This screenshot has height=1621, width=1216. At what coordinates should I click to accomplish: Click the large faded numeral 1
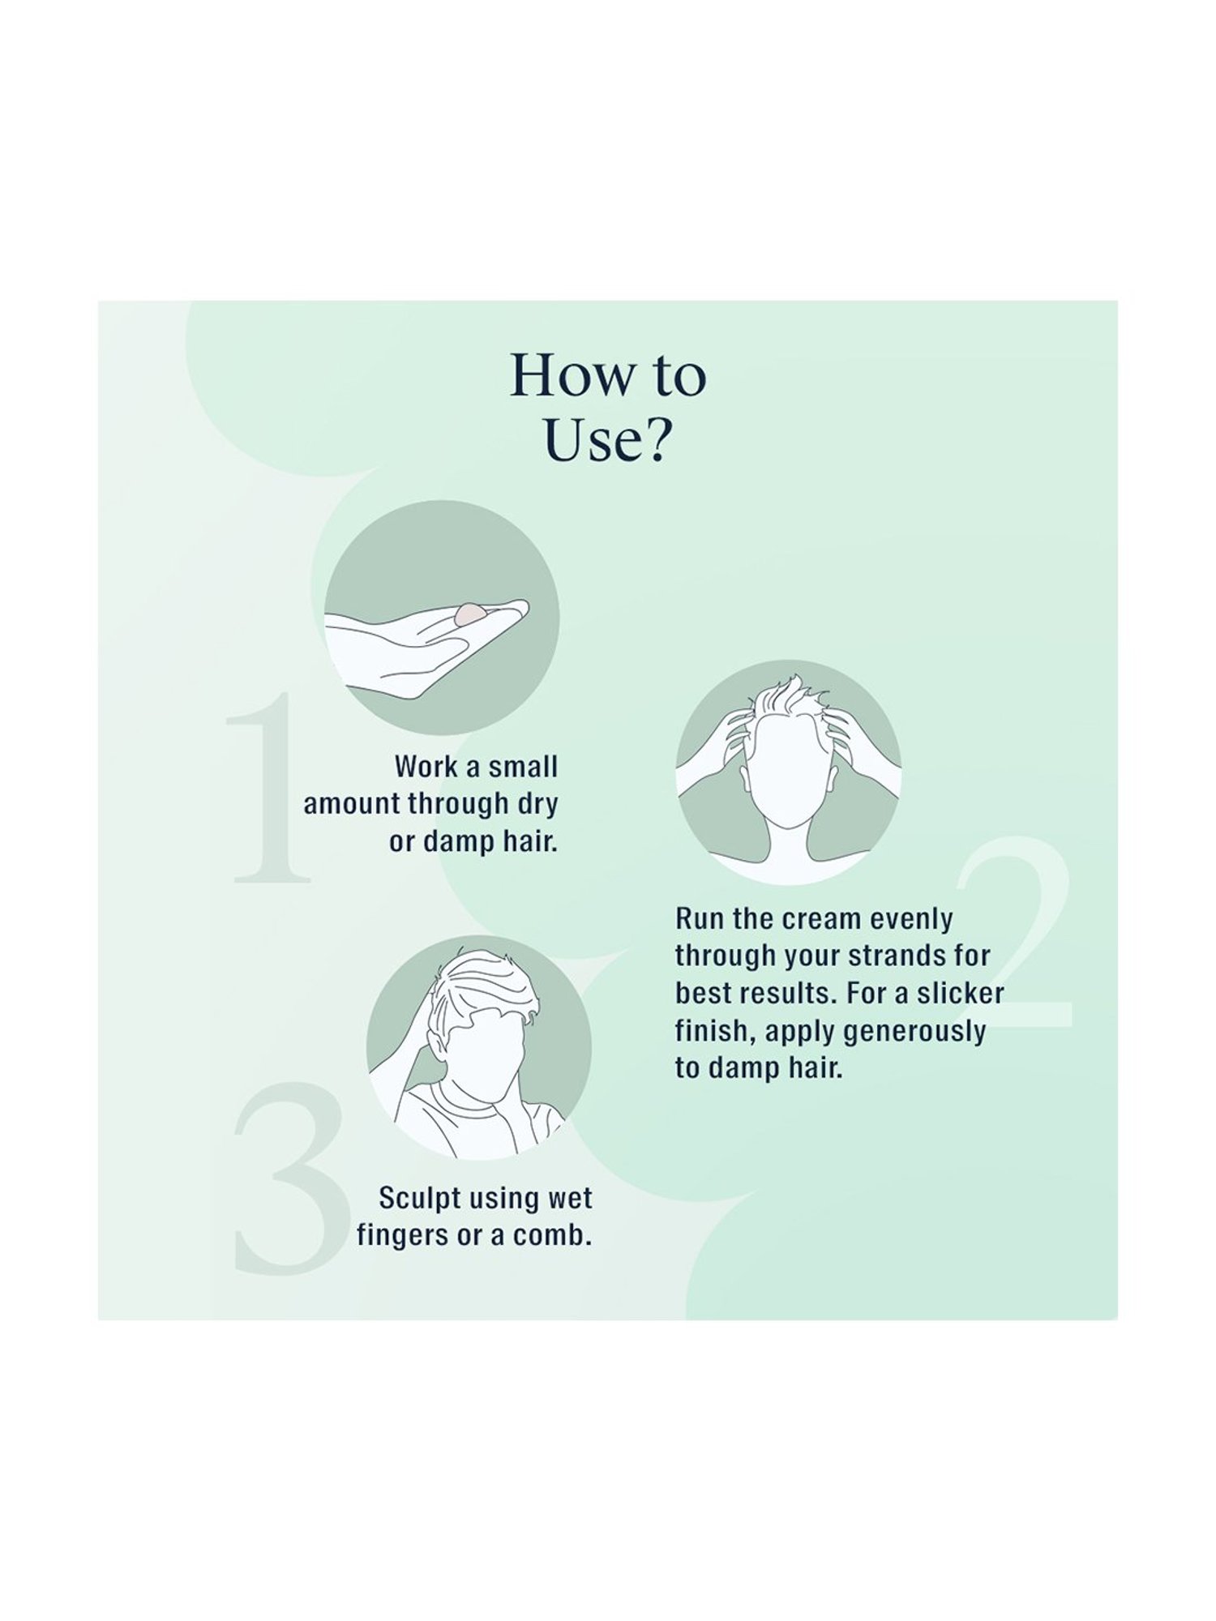268,786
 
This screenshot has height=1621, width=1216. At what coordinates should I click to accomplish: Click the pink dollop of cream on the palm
470,614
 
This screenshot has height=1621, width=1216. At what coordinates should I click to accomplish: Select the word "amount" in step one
352,805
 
